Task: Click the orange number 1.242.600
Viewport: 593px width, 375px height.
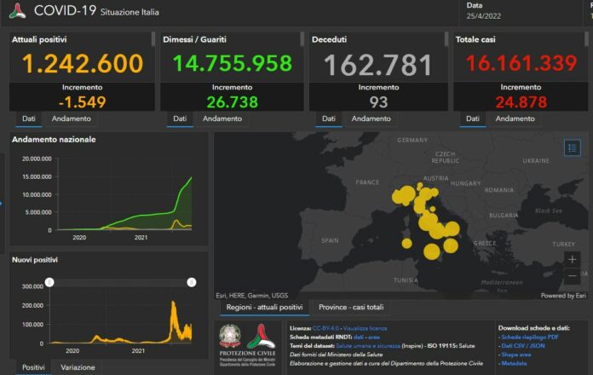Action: coord(83,64)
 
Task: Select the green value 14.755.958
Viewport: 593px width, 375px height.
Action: coord(233,64)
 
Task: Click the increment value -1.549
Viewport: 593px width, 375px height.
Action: coord(83,102)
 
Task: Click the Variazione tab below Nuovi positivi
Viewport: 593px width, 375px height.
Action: coord(78,367)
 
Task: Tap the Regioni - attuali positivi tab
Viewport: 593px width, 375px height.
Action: coord(263,307)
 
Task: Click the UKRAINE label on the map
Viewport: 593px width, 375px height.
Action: coord(535,160)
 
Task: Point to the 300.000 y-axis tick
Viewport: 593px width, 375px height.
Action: coord(32,286)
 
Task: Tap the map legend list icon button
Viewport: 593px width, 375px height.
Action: coord(572,147)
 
